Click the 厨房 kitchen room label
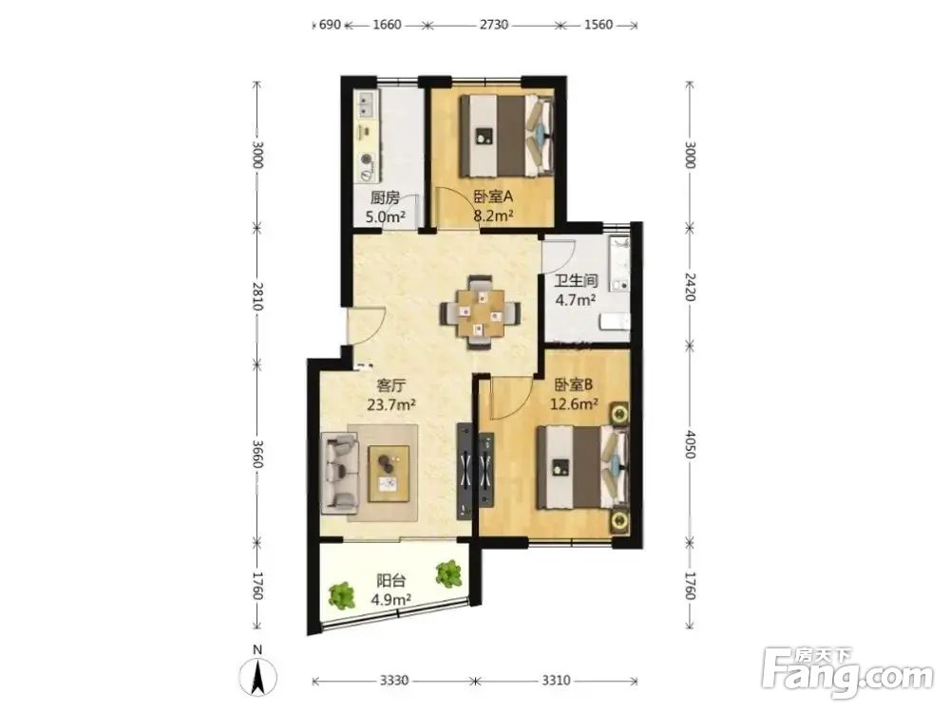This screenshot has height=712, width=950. (x=385, y=197)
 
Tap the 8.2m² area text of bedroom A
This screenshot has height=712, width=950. (x=494, y=215)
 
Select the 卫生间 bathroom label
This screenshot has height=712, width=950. (x=577, y=281)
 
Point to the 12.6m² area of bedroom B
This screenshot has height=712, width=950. (x=575, y=403)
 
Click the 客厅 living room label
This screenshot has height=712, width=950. (x=391, y=385)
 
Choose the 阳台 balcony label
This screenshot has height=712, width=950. (x=390, y=581)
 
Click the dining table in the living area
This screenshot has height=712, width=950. (x=481, y=312)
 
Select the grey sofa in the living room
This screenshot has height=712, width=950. (x=339, y=471)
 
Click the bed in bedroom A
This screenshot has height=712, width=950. (x=506, y=136)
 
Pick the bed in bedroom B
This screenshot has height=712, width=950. (x=582, y=467)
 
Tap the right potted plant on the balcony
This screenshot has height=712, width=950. (x=449, y=573)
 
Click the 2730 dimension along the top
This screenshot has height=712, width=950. (x=494, y=25)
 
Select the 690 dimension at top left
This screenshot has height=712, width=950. (x=331, y=25)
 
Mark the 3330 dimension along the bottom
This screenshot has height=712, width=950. (x=394, y=681)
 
